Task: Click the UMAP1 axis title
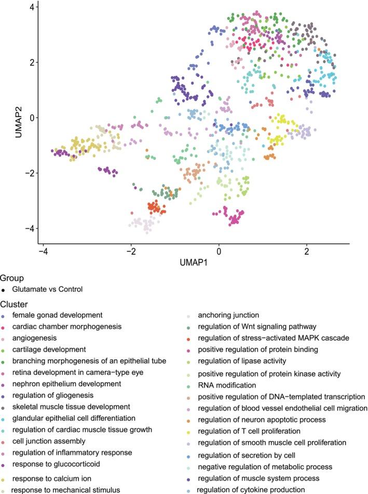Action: (x=194, y=262)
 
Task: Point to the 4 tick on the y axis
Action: (x=32, y=7)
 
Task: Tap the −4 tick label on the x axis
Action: (x=43, y=250)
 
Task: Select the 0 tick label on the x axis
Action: (x=219, y=250)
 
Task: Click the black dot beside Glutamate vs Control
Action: (x=5, y=289)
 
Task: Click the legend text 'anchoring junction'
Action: (x=229, y=315)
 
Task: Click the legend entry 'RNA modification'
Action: (x=227, y=385)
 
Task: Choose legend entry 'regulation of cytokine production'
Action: (x=258, y=490)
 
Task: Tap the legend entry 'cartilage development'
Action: (x=49, y=350)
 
